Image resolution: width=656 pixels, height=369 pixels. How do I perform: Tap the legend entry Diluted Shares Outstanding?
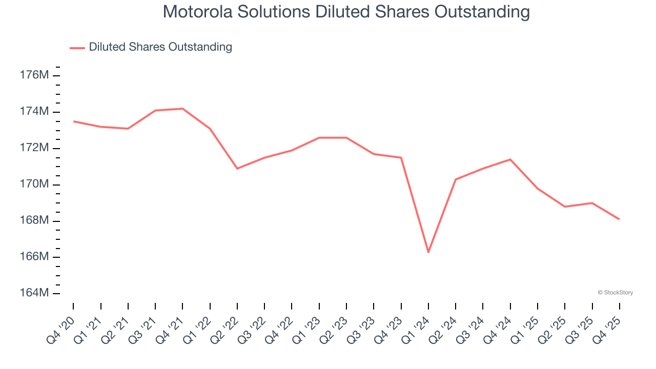(x=160, y=47)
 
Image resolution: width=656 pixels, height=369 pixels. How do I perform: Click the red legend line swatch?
(x=77, y=48)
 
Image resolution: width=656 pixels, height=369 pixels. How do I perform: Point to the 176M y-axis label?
(x=34, y=75)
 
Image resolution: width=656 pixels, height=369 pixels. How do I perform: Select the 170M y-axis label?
(x=34, y=184)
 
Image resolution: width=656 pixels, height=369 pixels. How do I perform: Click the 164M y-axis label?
(x=34, y=293)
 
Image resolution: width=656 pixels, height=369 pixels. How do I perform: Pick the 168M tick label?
(x=34, y=220)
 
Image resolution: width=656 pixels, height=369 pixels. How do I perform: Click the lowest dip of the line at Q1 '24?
(x=428, y=252)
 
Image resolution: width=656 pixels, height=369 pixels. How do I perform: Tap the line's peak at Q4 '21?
(x=182, y=109)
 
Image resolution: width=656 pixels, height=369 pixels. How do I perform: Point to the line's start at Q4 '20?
(x=73, y=121)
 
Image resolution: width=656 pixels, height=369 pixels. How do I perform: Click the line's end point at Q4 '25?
(x=619, y=219)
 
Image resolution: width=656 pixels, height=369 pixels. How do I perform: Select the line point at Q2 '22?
(x=237, y=169)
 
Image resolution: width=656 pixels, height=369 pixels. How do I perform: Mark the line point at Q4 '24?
(x=510, y=159)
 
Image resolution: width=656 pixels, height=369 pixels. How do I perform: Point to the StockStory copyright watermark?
(x=615, y=293)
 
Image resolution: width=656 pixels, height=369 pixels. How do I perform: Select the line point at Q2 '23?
(x=346, y=138)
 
